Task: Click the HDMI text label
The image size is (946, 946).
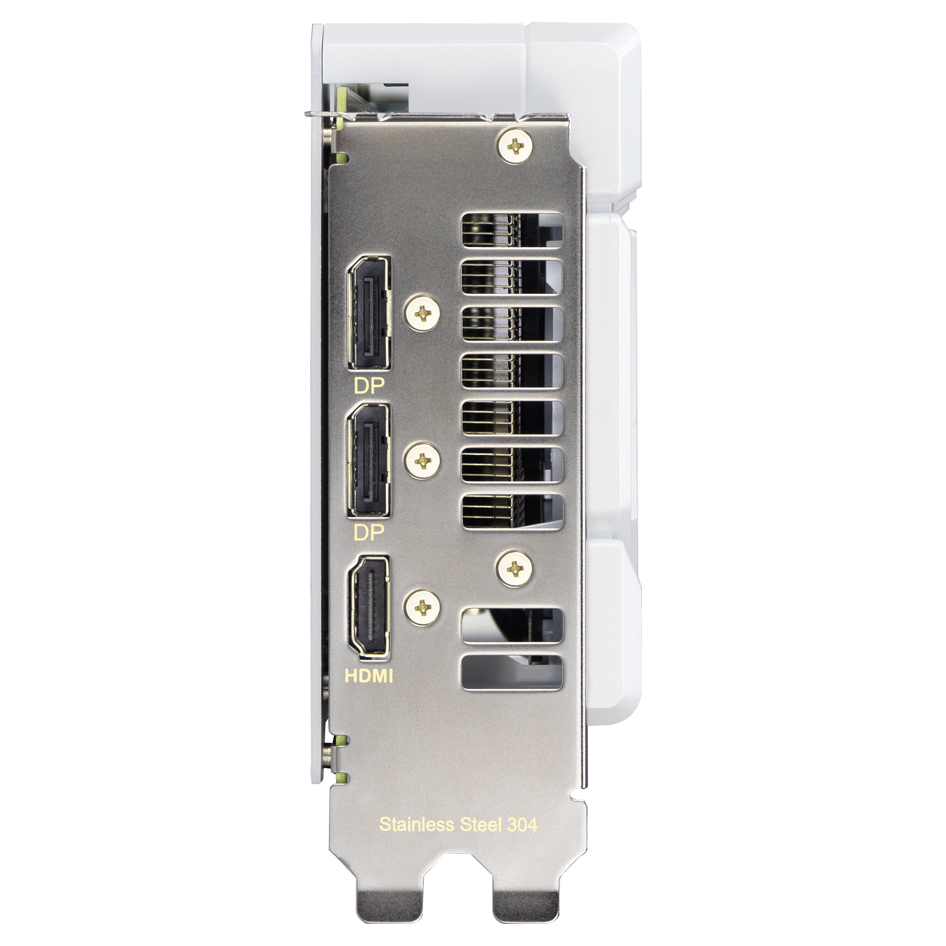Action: pyautogui.click(x=369, y=676)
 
